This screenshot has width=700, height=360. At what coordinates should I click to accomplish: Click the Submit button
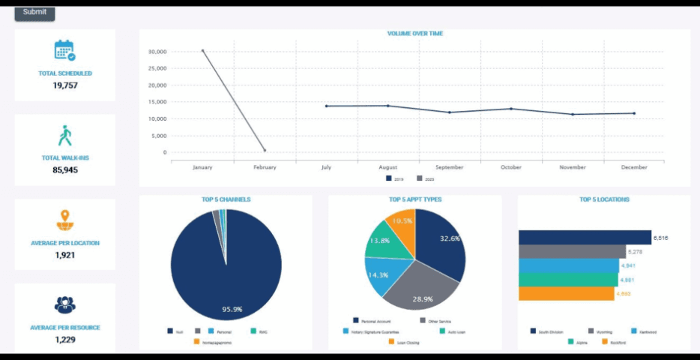click(x=34, y=12)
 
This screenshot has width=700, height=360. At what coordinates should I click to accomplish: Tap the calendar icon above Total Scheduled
click(x=64, y=50)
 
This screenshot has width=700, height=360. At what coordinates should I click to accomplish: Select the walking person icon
click(x=65, y=136)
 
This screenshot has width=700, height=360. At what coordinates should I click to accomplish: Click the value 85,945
click(x=65, y=170)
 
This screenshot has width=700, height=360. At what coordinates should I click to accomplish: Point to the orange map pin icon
click(x=65, y=220)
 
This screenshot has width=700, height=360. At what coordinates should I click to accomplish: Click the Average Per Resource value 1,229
click(x=65, y=340)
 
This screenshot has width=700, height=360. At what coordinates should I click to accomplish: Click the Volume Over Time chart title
click(x=414, y=34)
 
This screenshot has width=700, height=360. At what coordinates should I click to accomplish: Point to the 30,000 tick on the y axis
click(x=157, y=52)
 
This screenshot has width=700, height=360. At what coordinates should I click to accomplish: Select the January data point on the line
click(x=202, y=51)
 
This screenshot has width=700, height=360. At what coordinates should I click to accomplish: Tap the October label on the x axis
click(x=511, y=167)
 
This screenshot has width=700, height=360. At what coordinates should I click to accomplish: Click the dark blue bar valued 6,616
click(x=585, y=238)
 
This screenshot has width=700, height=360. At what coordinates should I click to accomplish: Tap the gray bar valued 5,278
click(x=572, y=252)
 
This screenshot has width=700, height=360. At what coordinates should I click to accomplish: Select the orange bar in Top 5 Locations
click(x=566, y=293)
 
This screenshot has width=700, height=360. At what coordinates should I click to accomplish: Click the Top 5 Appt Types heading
click(x=415, y=199)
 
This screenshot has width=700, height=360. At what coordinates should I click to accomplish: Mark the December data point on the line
click(x=634, y=113)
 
